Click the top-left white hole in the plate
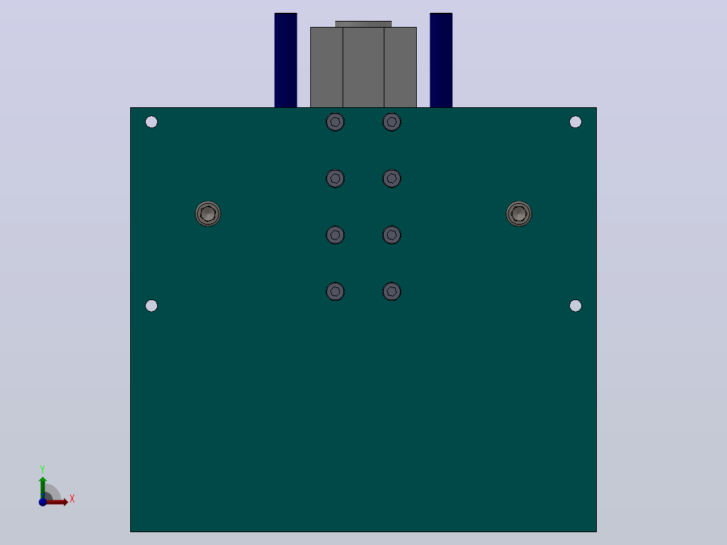pyautogui.click(x=151, y=122)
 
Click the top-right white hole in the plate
pyautogui.click(x=575, y=122)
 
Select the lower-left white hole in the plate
pyautogui.click(x=151, y=306)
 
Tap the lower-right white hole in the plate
pyautogui.click(x=575, y=306)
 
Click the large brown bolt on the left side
pyautogui.click(x=208, y=214)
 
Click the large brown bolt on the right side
pyautogui.click(x=519, y=214)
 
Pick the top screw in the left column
pyautogui.click(x=335, y=122)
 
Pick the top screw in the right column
pyautogui.click(x=392, y=122)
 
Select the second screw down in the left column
pyautogui.click(x=335, y=179)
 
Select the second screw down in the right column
pyautogui.click(x=392, y=179)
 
